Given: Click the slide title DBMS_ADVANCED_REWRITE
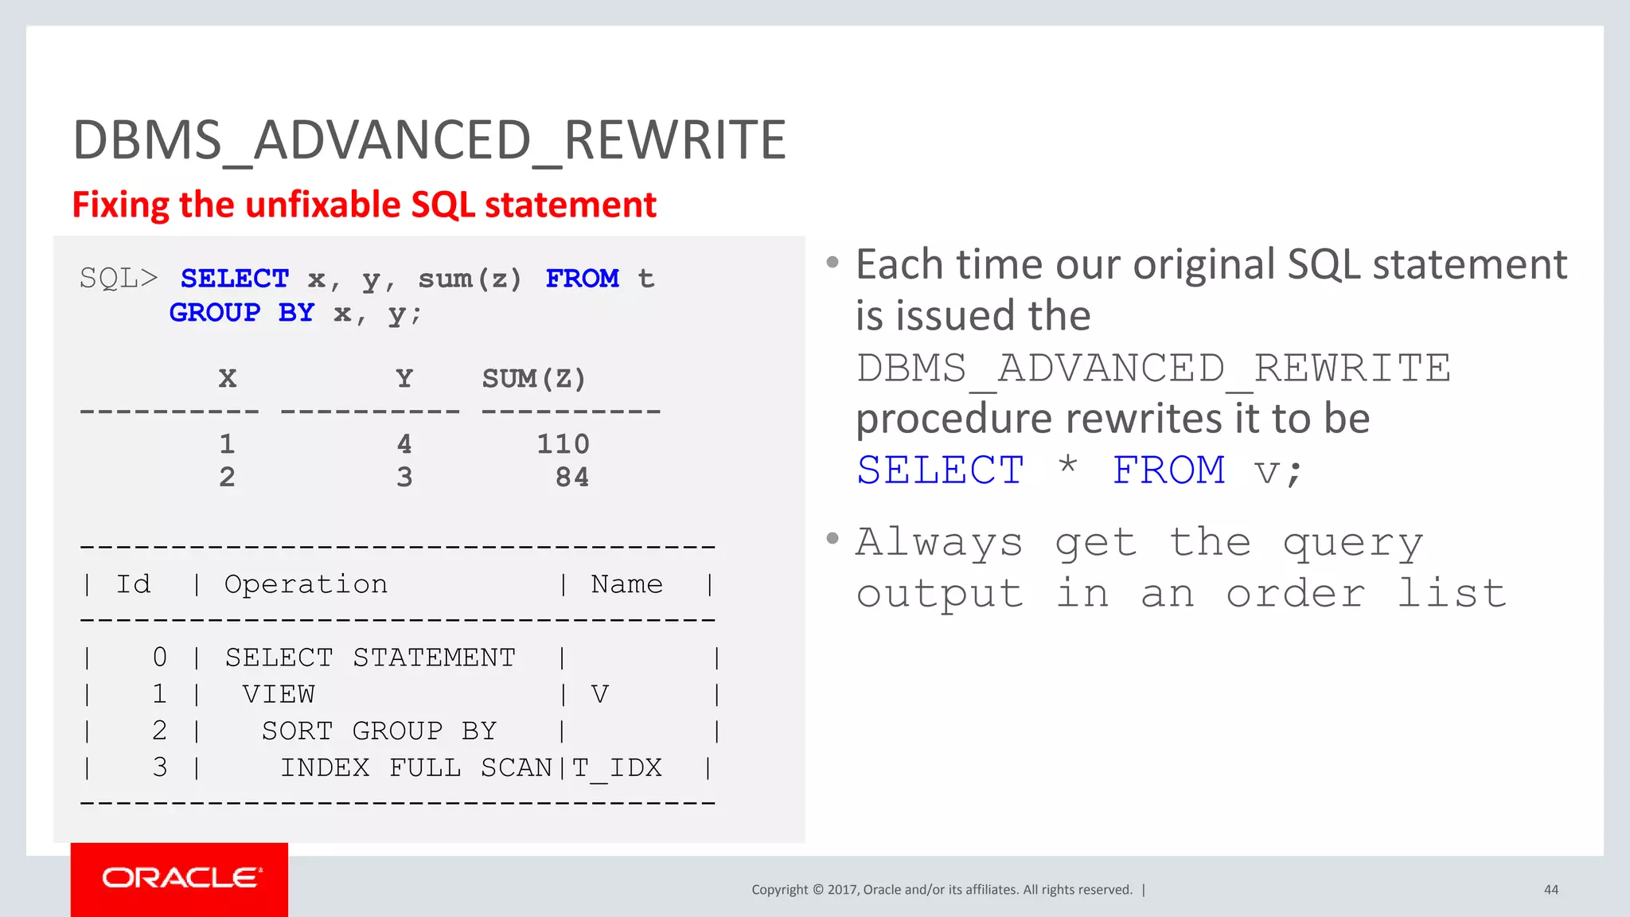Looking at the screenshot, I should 429,141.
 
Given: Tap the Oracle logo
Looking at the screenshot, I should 181,877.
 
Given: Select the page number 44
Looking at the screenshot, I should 1550,890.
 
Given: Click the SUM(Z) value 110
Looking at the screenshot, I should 563,444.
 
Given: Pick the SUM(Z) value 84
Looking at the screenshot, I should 571,478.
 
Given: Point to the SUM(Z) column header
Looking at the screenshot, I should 533,379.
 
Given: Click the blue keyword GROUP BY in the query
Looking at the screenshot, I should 241,313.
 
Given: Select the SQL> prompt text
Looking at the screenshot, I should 119,279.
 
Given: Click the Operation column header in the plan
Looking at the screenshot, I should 306,584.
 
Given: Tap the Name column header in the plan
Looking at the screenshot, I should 626,584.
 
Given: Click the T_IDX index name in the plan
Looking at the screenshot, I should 617,768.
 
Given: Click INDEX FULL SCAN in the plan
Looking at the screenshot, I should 415,768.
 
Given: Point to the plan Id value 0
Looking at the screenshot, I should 159,658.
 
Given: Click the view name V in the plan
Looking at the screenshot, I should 599,694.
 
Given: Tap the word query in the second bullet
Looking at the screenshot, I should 1352,544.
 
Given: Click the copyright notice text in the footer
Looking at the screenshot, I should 942,890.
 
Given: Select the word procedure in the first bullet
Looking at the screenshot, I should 953,419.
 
